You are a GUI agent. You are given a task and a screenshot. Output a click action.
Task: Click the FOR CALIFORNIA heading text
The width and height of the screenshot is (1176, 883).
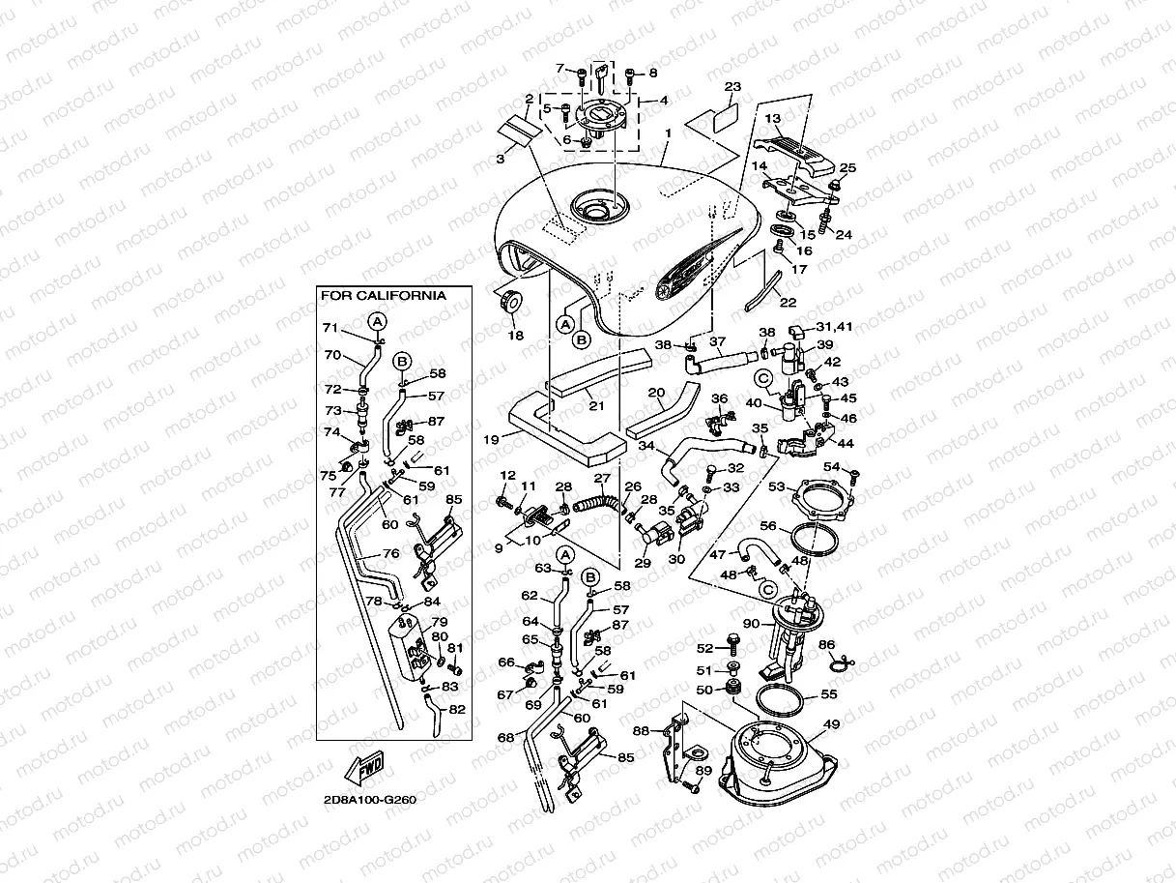tap(383, 295)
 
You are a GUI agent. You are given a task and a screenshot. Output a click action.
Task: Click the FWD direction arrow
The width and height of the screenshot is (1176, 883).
tap(363, 767)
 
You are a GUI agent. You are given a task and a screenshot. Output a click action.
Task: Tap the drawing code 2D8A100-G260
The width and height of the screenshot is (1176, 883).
tap(370, 800)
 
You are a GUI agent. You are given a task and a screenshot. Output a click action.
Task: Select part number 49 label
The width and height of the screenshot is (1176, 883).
tap(831, 724)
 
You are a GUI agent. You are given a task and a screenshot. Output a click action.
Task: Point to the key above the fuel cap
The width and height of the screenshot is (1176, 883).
tap(602, 78)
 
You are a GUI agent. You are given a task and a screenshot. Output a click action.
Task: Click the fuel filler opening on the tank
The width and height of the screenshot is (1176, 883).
tap(599, 208)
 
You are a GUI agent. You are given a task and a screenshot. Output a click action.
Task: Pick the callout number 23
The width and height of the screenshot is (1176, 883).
tap(732, 86)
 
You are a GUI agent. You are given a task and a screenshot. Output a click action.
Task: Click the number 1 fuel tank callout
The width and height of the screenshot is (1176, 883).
tap(668, 132)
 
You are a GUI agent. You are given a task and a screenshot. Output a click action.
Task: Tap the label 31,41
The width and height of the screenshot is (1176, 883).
tap(834, 327)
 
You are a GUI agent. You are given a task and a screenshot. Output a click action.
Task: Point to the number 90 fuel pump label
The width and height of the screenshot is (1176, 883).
tap(751, 624)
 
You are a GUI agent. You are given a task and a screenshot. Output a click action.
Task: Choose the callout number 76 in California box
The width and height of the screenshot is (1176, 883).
tap(390, 553)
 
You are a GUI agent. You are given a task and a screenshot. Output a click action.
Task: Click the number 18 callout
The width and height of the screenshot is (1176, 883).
tap(515, 336)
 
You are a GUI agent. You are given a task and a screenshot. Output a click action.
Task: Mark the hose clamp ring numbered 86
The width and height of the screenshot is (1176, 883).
tap(842, 663)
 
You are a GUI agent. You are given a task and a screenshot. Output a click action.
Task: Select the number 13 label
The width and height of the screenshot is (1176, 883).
tap(772, 118)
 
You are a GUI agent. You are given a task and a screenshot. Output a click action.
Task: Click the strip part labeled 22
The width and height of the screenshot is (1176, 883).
tap(763, 291)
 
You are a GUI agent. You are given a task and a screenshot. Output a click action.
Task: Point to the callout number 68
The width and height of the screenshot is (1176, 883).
tap(505, 737)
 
